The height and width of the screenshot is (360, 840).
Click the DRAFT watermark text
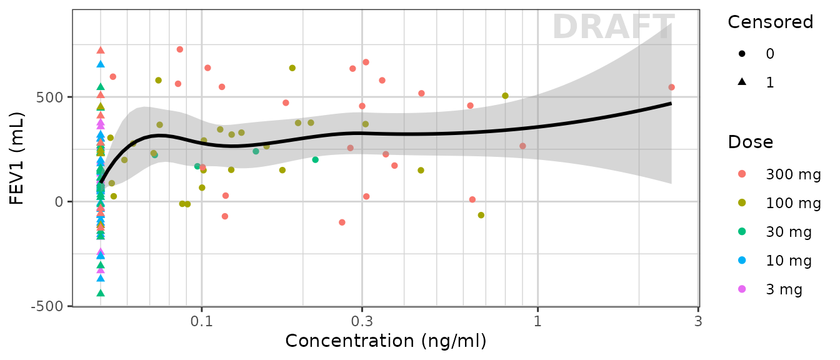click(x=613, y=27)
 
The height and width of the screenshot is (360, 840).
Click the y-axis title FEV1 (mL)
click(x=17, y=158)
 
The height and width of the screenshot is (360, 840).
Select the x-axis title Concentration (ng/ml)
click(x=386, y=341)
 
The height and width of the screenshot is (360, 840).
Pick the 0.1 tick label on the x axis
click(x=201, y=321)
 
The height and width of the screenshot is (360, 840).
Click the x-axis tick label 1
click(x=537, y=321)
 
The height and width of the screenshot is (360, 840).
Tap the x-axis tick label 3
click(x=698, y=321)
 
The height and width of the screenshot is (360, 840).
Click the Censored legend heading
click(x=770, y=22)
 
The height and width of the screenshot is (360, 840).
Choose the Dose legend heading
click(x=750, y=142)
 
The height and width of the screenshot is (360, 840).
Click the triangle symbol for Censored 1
click(x=742, y=82)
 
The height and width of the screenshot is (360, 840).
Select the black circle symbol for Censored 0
click(x=742, y=54)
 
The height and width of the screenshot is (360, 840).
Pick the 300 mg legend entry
click(x=793, y=175)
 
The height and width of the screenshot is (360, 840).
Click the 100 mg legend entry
click(x=793, y=203)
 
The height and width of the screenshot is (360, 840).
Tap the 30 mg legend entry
click(x=789, y=232)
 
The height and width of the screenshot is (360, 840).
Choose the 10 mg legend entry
click(x=789, y=261)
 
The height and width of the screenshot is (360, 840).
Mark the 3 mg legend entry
click(x=785, y=289)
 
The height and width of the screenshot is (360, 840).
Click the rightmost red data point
click(x=671, y=87)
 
